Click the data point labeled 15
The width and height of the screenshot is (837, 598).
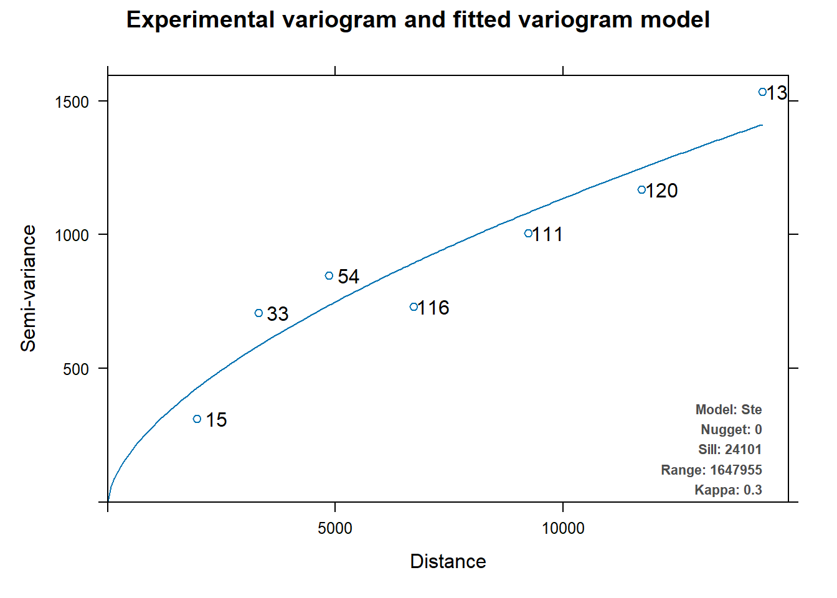197,419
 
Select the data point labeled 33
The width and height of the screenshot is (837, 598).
259,313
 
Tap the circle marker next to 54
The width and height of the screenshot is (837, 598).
329,276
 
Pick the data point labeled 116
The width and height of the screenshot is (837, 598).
414,307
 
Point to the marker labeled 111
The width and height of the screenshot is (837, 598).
528,234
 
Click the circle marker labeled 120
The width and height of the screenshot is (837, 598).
641,190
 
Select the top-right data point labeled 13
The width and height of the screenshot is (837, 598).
762,92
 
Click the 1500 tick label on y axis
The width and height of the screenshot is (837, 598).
72,102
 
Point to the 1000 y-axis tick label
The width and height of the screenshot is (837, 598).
72,235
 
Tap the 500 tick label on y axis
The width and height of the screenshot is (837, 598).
76,369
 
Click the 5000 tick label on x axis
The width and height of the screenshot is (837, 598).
335,529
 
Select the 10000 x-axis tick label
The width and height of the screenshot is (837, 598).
563,529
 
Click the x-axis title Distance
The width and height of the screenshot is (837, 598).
448,562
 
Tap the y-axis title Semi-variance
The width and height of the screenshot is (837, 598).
29,288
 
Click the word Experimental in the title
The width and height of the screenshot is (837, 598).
200,20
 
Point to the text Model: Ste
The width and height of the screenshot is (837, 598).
729,410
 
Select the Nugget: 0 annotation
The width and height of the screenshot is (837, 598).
731,430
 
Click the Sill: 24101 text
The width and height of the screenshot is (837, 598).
730,450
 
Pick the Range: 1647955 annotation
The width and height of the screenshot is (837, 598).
711,470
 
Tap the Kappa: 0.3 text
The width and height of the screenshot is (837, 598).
728,490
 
